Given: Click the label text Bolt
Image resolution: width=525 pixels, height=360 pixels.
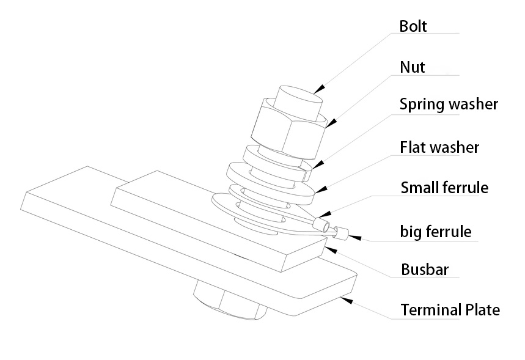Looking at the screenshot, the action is pos(413,26).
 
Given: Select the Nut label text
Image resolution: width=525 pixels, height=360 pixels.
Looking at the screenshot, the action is pos(412,67).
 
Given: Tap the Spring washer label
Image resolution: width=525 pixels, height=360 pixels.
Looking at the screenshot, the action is pos(449,105).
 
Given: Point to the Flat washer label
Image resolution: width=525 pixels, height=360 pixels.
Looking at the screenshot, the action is pos(439,147).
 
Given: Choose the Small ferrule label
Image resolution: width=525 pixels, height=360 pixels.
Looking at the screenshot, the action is pos(444,188).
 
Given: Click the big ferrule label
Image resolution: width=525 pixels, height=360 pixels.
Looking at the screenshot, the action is pos(436,232).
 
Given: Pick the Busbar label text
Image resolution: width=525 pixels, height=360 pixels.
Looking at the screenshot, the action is pos(425,270).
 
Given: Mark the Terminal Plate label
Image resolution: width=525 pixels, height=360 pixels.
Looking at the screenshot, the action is pos(450,310).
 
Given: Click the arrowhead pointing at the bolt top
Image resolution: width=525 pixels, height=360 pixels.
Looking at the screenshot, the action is pos(320,89).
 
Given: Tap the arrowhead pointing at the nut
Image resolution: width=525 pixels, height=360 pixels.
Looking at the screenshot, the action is pos(331,123).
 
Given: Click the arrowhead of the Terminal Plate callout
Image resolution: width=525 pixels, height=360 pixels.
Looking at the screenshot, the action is pos(347,300).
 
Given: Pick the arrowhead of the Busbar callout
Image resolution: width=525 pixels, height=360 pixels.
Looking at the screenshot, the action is pos(331,250).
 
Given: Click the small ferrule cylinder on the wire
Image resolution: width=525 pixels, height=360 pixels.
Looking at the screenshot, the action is pos(321,224).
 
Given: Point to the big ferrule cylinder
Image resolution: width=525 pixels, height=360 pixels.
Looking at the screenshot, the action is pos(341,232).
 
